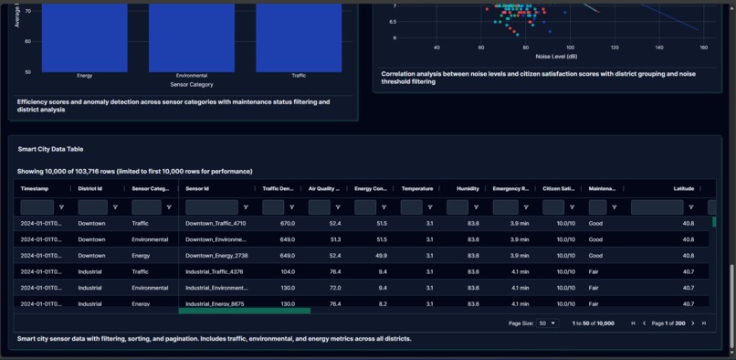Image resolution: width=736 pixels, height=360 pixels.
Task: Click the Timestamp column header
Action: point(35,188)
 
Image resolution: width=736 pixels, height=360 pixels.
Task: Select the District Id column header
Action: point(90,188)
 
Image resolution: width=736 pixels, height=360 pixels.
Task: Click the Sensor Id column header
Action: point(197,188)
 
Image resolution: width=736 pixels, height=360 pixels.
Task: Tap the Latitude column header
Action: point(684,188)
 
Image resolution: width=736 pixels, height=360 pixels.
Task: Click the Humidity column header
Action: point(468,188)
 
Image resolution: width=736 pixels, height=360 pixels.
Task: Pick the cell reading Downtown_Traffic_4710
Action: point(216,223)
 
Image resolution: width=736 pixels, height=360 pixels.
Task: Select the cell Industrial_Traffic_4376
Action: point(215,271)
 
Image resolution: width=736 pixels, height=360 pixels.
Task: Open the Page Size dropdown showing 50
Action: point(548,323)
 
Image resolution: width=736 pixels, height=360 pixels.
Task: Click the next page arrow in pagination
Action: point(693,323)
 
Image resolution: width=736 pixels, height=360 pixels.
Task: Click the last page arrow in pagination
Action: point(704,323)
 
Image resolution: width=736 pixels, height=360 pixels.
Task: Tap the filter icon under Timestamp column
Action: point(61,207)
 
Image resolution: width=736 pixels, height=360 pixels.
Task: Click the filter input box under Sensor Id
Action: point(211,207)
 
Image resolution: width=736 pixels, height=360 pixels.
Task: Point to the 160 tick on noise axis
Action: point(703,47)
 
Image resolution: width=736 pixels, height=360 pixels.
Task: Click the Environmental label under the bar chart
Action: point(192,76)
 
